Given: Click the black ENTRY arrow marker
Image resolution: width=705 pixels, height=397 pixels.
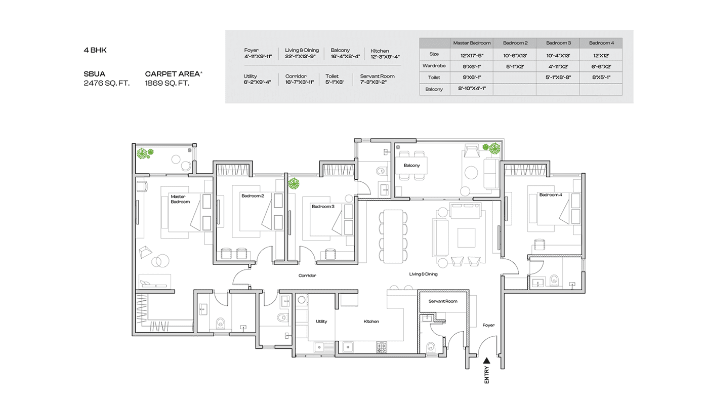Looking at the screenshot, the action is (x=486, y=361).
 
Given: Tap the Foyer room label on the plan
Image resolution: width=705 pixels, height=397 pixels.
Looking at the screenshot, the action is (x=488, y=325).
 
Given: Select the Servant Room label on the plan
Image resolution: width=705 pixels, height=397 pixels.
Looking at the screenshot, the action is (x=443, y=301).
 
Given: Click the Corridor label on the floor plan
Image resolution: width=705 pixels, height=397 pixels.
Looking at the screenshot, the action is (x=307, y=275).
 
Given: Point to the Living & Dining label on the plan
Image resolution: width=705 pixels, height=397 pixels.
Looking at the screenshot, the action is (x=423, y=274).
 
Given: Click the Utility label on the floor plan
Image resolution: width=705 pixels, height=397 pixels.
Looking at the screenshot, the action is (x=321, y=322).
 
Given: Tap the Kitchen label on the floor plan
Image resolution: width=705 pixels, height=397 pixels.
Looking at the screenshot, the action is (x=371, y=322).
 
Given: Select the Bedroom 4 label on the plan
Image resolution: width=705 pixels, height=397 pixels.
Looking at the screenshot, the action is (x=551, y=195).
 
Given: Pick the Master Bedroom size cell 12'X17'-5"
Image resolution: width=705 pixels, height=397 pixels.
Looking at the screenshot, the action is (x=472, y=56).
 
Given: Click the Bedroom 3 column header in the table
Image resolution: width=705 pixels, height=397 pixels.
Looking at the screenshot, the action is (x=558, y=43).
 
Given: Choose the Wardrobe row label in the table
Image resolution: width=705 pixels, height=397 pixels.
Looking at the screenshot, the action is (x=434, y=66).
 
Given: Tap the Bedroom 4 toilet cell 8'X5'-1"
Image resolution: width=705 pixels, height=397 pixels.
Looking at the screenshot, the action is (x=601, y=77).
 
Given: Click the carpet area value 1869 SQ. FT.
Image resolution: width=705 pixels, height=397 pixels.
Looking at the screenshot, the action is (x=167, y=83).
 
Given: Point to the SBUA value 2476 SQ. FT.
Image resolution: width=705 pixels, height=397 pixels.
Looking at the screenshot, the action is (x=106, y=83).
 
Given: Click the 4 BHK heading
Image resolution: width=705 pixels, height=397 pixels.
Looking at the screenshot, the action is (x=95, y=50).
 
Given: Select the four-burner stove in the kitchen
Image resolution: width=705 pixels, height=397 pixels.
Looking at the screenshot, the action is (x=382, y=347).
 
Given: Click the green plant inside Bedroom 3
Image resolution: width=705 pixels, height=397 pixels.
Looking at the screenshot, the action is (x=294, y=183).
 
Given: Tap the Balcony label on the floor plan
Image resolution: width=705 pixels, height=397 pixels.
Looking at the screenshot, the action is (x=411, y=165).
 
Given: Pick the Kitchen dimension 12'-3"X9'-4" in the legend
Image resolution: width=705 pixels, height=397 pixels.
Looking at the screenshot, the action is (x=385, y=57).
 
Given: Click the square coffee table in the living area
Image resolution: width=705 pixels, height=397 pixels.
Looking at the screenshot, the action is (x=466, y=237).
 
